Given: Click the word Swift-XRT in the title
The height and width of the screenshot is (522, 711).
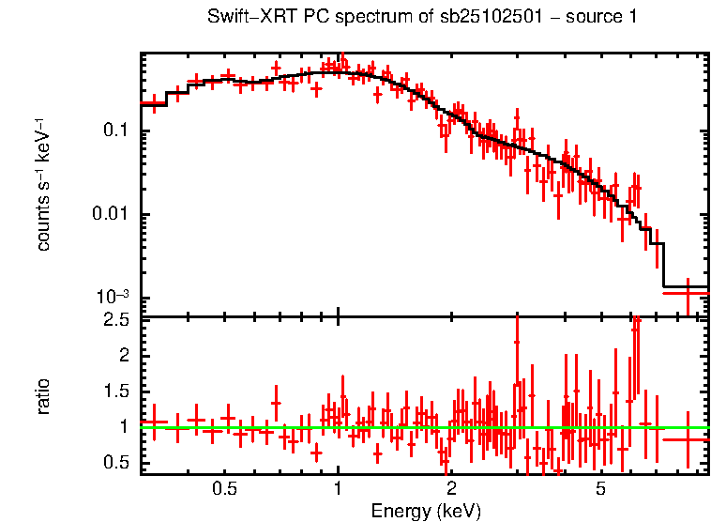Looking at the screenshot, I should click(x=246, y=17).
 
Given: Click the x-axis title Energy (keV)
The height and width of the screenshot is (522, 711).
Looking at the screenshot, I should click(x=426, y=512).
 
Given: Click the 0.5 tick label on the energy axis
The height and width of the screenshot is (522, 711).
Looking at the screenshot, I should click(x=223, y=488).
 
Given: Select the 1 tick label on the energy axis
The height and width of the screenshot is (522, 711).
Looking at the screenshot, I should click(x=338, y=488).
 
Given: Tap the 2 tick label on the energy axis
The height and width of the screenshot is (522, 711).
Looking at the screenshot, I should click(x=451, y=488).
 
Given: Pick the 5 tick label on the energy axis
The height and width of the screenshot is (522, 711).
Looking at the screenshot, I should click(x=600, y=488).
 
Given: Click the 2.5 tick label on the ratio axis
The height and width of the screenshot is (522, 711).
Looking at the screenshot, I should click(x=116, y=320).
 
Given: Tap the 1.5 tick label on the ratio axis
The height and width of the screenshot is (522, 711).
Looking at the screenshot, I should click(x=116, y=391).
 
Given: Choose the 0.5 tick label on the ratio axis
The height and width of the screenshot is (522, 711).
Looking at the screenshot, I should click(x=116, y=463).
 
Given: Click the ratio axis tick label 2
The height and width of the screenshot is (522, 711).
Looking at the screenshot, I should click(x=124, y=356).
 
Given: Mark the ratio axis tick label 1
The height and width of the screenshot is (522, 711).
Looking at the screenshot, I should click(x=124, y=427).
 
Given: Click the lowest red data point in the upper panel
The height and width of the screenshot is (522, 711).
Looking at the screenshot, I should click(x=688, y=293).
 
